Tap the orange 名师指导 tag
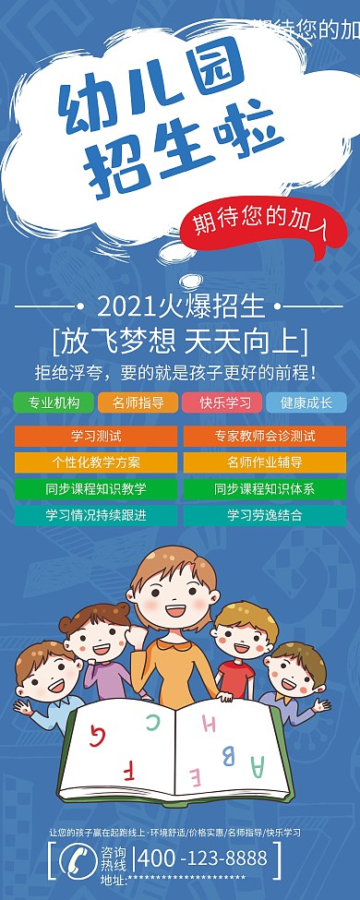(138, 403)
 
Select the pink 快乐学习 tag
(222, 403)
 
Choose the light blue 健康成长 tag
(306, 403)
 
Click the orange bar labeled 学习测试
(96, 436)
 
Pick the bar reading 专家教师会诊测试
(264, 436)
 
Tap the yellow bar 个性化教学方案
(96, 462)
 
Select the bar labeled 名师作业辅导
(264, 462)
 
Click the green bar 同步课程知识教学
(96, 489)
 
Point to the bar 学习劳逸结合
(264, 515)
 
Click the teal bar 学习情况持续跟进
(96, 515)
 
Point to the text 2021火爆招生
(181, 305)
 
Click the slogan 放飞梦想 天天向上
(181, 341)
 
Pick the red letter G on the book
(97, 735)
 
